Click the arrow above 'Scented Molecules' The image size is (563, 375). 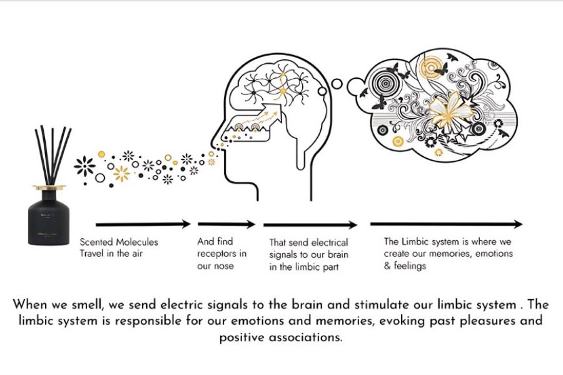click(x=143, y=224)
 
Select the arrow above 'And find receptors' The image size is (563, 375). click(x=226, y=224)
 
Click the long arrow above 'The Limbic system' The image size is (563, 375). click(x=446, y=224)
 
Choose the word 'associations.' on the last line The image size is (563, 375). click(x=308, y=337)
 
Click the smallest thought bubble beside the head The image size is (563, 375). click(x=336, y=83)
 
